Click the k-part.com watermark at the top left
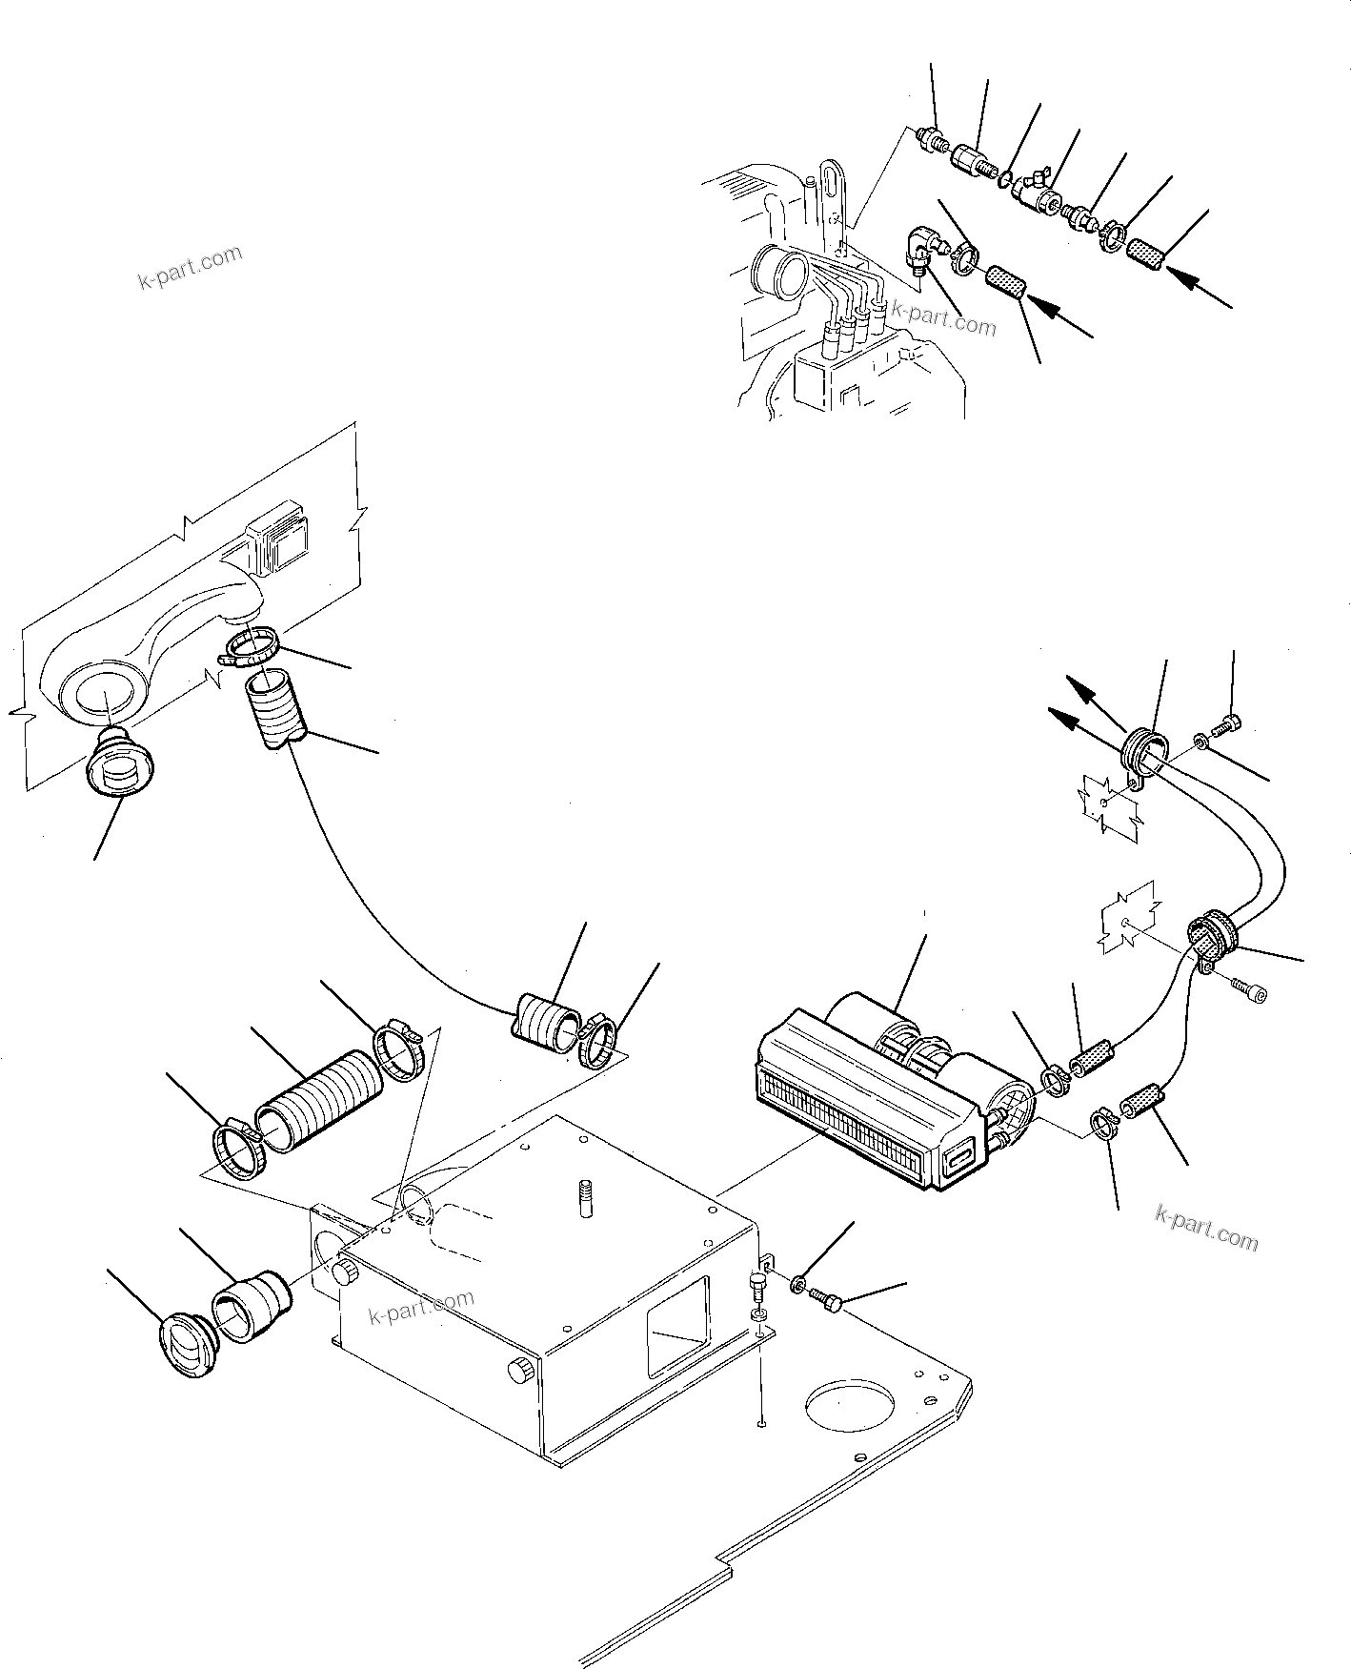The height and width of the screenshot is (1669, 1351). point(190,268)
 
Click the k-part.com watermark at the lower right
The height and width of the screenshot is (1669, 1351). point(1206,1228)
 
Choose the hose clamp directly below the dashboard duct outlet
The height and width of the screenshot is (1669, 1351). point(252,647)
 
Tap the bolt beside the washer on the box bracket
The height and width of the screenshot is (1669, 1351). point(825,1300)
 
